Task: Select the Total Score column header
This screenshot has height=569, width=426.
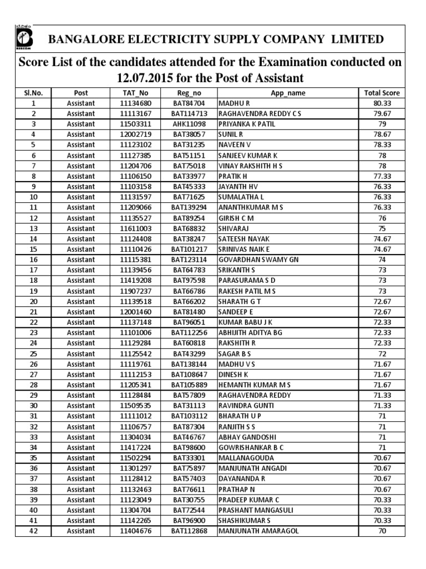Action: tap(382, 93)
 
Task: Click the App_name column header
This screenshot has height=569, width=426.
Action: tap(288, 93)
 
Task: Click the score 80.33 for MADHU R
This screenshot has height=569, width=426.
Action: tap(382, 103)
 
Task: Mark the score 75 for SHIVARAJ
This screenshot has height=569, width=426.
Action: tap(382, 228)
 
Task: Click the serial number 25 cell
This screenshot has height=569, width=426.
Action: tap(33, 353)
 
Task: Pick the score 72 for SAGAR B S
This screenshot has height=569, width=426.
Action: tap(382, 353)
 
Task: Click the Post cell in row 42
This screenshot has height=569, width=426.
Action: tap(80, 531)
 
